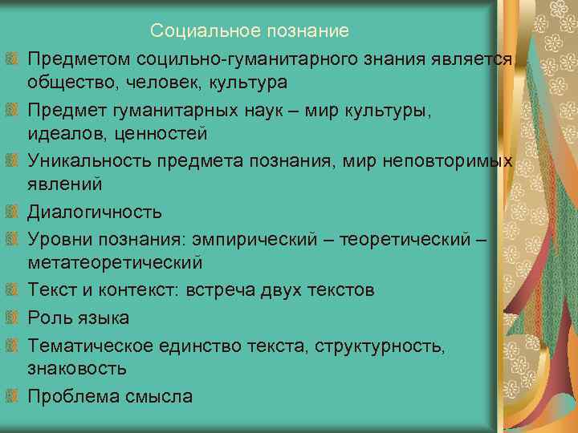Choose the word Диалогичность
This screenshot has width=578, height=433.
pos(95,212)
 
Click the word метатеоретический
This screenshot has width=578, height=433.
pos(115,263)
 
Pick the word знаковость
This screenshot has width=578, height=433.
pos(77,369)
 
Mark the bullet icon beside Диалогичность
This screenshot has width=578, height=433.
pos(10,213)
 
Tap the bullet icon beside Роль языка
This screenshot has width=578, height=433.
pos(10,318)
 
